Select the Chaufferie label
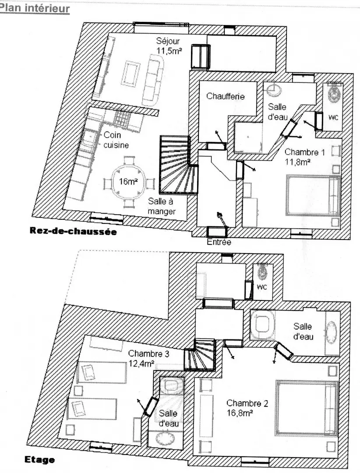click(x=225, y=96)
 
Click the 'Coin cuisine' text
click(x=116, y=140)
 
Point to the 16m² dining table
click(x=129, y=182)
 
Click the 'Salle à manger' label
click(x=162, y=206)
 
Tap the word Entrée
click(x=219, y=242)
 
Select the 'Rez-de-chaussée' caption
click(x=73, y=231)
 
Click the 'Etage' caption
click(x=39, y=460)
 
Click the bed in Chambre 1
click(x=313, y=195)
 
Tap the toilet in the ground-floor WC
click(x=333, y=93)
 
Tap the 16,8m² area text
click(x=240, y=413)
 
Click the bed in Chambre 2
click(x=306, y=408)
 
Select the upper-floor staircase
click(x=199, y=354)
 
